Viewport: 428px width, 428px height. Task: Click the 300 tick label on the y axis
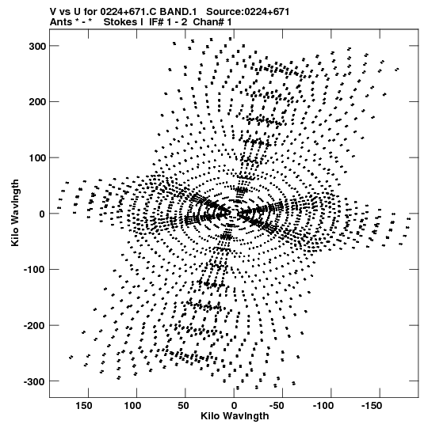[37, 47]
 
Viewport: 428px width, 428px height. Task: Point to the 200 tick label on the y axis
[37, 102]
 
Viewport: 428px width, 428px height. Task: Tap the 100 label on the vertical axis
[37, 158]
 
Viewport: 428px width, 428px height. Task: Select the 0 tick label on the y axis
[42, 214]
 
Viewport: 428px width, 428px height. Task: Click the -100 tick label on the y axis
[35, 271]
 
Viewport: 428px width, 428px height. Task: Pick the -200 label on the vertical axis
[35, 326]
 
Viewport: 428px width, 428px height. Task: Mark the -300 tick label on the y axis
[35, 382]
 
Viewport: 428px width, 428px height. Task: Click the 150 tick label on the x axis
[84, 406]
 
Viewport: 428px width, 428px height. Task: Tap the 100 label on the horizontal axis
[132, 406]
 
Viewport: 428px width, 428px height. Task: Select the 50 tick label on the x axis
[183, 406]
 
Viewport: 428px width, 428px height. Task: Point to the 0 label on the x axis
[234, 406]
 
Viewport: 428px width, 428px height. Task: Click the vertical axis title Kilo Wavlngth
[15, 213]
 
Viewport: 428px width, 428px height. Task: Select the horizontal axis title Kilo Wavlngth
[235, 416]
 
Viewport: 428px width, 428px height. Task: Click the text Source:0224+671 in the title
[247, 12]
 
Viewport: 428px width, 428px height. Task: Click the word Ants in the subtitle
[61, 22]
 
